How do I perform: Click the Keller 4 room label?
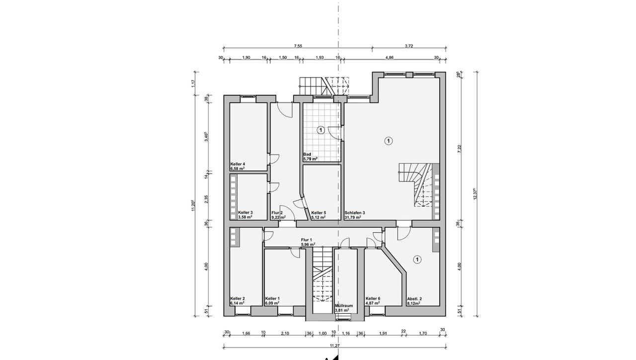pyautogui.click(x=238, y=164)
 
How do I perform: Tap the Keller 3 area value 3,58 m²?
pyautogui.click(x=245, y=217)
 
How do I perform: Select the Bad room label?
pyautogui.click(x=307, y=154)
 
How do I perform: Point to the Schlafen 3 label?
pyautogui.click(x=355, y=212)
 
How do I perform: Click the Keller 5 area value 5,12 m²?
pyautogui.click(x=318, y=217)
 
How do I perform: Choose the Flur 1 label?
pyautogui.click(x=307, y=240)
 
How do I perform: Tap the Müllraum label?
pyautogui.click(x=344, y=306)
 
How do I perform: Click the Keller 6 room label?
pyautogui.click(x=373, y=299)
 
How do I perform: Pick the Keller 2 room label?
pyautogui.click(x=238, y=299)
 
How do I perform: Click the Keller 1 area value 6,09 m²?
pyautogui.click(x=272, y=303)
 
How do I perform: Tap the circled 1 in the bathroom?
pyautogui.click(x=320, y=130)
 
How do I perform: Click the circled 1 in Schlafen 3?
pyautogui.click(x=389, y=141)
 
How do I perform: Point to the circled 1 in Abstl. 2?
pyautogui.click(x=417, y=260)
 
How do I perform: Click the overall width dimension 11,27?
pyautogui.click(x=335, y=346)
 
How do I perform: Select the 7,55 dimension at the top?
pyautogui.click(x=298, y=46)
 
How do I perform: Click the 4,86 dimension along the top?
pyautogui.click(x=389, y=57)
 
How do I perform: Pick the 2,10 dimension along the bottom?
pyautogui.click(x=285, y=334)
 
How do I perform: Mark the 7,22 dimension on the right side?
pyautogui.click(x=460, y=149)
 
